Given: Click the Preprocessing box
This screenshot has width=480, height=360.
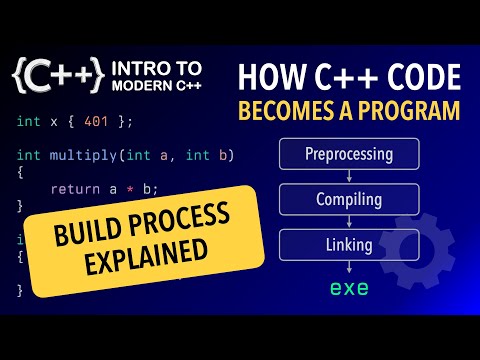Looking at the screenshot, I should tap(349, 155).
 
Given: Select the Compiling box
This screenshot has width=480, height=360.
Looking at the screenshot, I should tap(349, 199).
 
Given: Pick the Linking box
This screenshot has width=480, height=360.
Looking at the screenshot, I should tap(349, 243).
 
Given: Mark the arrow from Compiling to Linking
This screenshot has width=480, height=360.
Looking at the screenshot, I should tap(349, 221).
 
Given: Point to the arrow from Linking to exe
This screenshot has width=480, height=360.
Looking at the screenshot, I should tap(349, 266).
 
